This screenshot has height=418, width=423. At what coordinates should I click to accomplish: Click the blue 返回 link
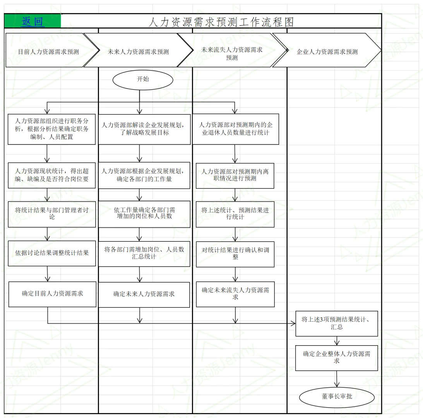point(33,21)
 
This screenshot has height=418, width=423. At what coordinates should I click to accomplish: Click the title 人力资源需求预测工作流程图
point(221,22)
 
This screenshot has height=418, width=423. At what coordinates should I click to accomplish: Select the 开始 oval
point(143,79)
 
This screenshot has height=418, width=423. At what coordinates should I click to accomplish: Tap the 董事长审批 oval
point(337,397)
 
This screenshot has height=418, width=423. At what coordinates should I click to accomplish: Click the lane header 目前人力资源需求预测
point(49,51)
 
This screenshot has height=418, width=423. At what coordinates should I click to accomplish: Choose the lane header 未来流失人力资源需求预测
point(232,54)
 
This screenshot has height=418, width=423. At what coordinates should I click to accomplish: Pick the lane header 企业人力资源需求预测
point(327,51)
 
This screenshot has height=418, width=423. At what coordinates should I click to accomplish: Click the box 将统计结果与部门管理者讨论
point(51,214)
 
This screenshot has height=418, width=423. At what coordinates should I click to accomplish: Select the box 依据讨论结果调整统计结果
point(51,253)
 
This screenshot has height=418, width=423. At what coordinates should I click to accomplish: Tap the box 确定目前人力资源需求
point(52,294)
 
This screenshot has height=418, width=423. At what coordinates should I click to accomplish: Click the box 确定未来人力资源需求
point(144,295)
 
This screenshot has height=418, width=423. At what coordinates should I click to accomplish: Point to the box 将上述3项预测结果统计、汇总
point(336,324)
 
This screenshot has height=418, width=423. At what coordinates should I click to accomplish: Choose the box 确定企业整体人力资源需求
point(336,358)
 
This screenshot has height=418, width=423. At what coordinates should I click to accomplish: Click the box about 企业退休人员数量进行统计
point(235,129)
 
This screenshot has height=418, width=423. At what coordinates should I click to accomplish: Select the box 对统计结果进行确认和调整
point(235,254)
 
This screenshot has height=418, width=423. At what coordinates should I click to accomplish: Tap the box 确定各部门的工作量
point(144,175)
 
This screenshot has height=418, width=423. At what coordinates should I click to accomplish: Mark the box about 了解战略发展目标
point(144,129)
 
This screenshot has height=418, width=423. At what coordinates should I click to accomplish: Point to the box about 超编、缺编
point(51,175)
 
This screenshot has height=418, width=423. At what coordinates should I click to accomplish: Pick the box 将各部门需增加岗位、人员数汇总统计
point(144,254)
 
